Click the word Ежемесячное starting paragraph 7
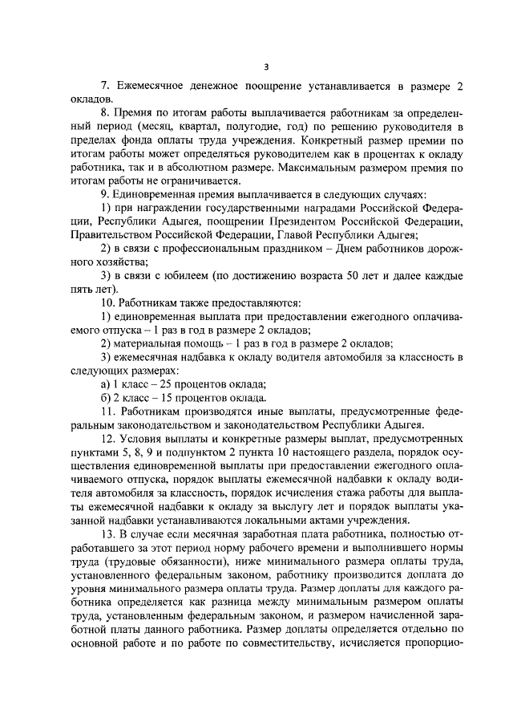[x=152, y=86]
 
